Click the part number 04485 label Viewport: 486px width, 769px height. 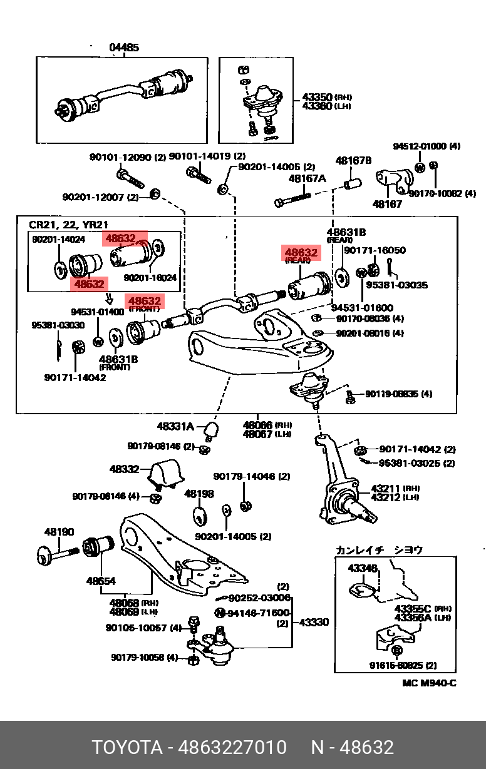click(x=123, y=48)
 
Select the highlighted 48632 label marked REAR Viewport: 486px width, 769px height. click(x=301, y=253)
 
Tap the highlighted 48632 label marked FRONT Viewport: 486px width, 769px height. click(x=144, y=302)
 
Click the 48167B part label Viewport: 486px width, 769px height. click(x=353, y=161)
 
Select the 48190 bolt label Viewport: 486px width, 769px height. click(x=59, y=532)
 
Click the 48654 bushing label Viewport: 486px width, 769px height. click(x=101, y=581)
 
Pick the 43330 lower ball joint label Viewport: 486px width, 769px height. click(x=314, y=623)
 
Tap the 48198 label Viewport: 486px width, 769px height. click(x=199, y=494)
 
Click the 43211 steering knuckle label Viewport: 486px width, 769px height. click(x=385, y=488)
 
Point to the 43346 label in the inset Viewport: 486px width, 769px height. click(x=363, y=568)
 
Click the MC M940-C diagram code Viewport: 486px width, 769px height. click(x=429, y=683)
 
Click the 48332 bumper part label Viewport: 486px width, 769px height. click(x=124, y=469)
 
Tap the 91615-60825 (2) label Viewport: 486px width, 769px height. click(x=403, y=665)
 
